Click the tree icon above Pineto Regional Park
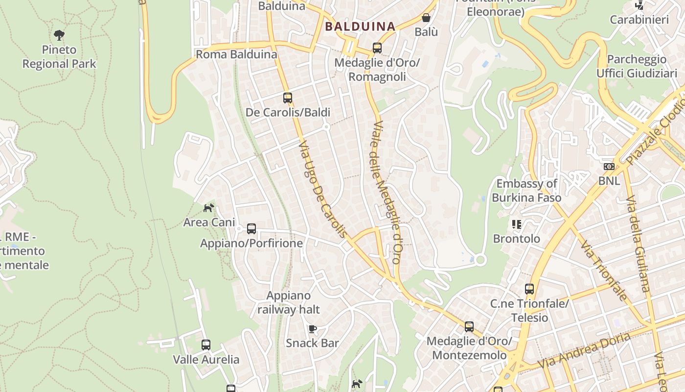[x=59, y=35]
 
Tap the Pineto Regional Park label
[x=59, y=57]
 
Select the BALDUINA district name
[x=360, y=26]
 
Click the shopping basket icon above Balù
[x=426, y=18]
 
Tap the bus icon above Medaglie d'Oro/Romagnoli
[x=377, y=48]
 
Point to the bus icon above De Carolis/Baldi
[x=287, y=98]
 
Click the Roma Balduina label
[x=236, y=54]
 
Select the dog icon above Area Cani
[x=208, y=208]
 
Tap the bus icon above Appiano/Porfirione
[x=251, y=228]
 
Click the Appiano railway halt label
[x=289, y=302]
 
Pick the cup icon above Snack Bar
[x=313, y=329]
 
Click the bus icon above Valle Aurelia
[x=206, y=344]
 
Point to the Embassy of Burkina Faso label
[x=526, y=191]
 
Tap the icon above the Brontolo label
[x=516, y=224]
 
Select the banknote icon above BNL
[x=609, y=167]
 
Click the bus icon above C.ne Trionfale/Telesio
[x=529, y=289]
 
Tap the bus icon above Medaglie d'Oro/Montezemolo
[x=469, y=326]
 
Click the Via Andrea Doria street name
[x=584, y=351]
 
